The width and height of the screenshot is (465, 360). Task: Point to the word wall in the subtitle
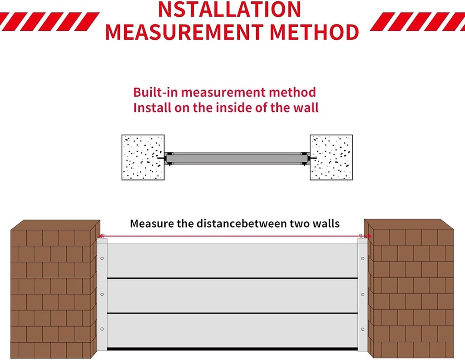point(305,108)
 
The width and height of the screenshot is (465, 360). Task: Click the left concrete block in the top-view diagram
point(143,157)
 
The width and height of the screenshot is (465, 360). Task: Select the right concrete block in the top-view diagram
point(331,157)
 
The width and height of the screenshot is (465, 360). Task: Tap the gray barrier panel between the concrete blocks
point(237,158)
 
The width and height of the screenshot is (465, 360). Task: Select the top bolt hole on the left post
point(102,258)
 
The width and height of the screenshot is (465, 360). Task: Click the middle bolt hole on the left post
point(102,294)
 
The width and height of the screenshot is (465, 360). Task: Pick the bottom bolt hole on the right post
point(362,329)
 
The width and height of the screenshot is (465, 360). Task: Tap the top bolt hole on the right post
point(362,258)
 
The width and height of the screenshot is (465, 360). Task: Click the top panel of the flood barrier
point(232,260)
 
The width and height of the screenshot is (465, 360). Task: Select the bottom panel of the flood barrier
point(232,331)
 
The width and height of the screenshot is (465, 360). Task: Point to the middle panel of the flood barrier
point(232,295)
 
